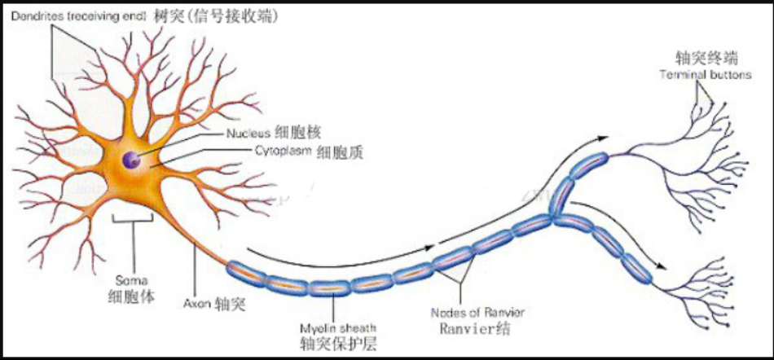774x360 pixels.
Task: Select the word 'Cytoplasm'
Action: coord(284,151)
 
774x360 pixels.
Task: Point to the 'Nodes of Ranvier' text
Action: coord(477,312)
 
